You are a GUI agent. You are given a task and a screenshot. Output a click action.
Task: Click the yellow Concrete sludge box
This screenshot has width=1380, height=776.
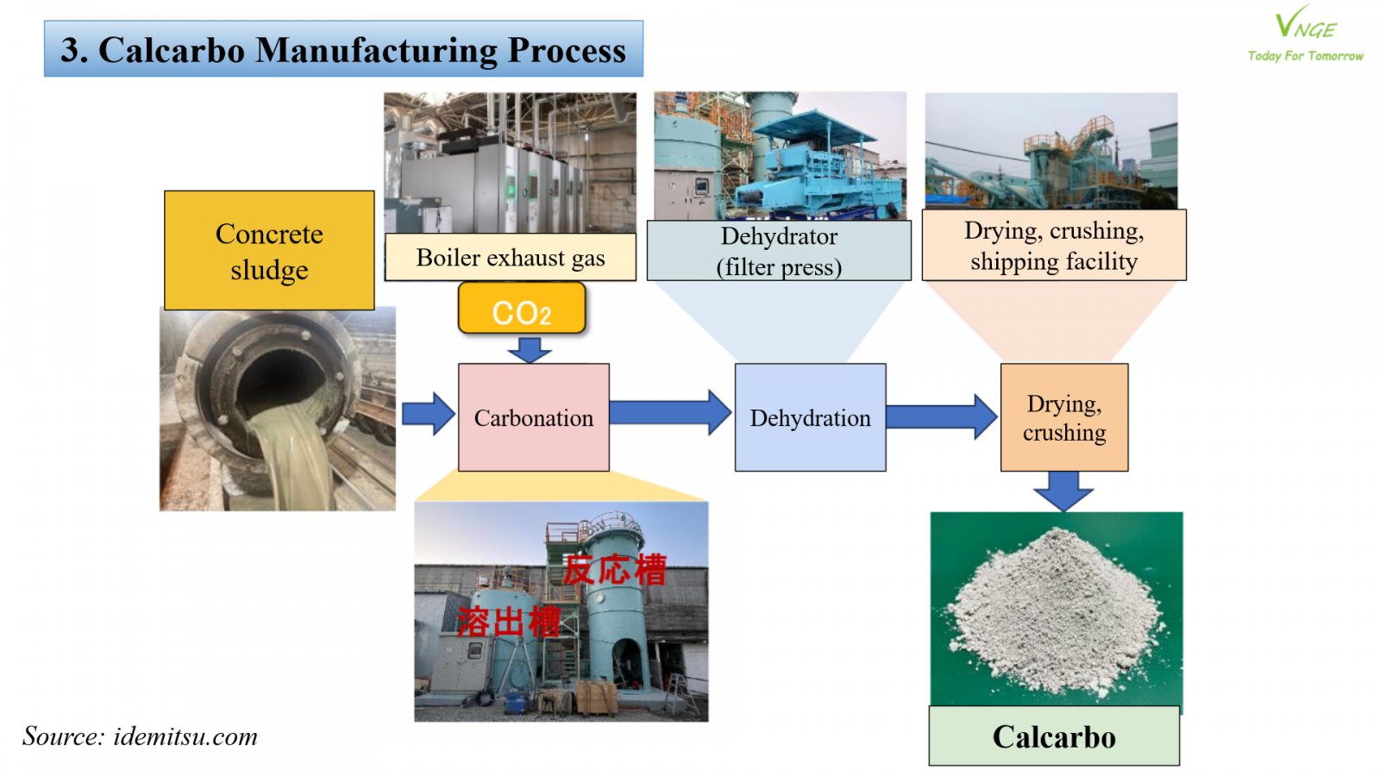(x=269, y=250)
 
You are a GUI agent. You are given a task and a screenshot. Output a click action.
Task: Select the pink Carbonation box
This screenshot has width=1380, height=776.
(x=534, y=417)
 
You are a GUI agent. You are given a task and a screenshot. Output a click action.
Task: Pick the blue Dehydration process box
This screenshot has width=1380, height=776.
(x=810, y=417)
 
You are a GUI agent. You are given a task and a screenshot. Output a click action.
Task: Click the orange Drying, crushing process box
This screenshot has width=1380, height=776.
(x=1064, y=417)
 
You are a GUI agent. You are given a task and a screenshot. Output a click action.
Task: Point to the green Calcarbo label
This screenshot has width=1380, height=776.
(x=1054, y=736)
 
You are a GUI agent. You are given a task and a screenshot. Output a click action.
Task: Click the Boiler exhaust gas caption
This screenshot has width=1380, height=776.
(x=511, y=257)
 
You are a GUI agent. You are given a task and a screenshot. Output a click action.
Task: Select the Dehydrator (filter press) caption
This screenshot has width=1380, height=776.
(x=779, y=251)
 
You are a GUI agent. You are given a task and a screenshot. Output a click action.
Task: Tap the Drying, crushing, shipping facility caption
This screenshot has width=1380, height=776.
(x=1054, y=246)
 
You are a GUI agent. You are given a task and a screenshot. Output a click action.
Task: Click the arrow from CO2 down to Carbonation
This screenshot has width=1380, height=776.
(x=530, y=349)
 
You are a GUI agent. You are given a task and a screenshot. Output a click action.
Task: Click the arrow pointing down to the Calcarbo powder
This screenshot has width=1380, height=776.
(x=1063, y=491)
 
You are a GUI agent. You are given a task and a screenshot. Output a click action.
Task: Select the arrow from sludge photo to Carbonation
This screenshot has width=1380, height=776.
(x=428, y=414)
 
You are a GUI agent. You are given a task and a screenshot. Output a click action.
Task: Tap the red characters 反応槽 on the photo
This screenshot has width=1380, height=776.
(x=615, y=570)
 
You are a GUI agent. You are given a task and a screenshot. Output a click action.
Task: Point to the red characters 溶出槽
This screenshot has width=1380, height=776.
(x=509, y=622)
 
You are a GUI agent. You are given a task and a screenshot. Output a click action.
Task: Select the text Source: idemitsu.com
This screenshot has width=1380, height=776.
(x=140, y=736)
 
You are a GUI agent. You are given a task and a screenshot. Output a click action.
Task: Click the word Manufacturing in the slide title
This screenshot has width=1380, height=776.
(x=377, y=50)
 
